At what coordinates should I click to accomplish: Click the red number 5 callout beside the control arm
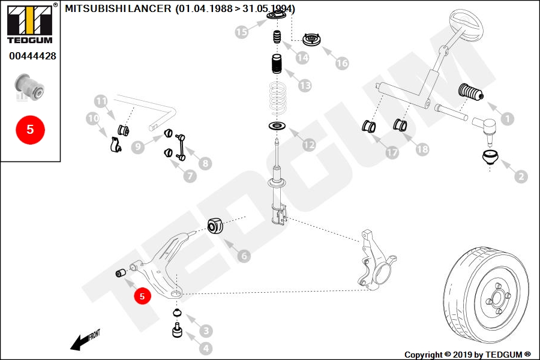coord(142,296)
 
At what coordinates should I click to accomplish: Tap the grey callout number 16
coord(342,63)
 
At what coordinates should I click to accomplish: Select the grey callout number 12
coord(309,145)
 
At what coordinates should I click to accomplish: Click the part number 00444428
coord(32,56)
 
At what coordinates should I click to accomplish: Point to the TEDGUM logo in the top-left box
coord(30,23)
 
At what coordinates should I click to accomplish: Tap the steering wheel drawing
coord(467,25)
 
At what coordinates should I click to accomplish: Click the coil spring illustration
coord(277,98)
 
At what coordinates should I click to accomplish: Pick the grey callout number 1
coord(507,119)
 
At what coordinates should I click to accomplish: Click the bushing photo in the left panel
coord(29,87)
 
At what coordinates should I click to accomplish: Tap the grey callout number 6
coord(244,256)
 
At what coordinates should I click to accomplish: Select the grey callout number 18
coord(422,149)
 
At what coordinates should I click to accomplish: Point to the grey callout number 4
coord(206,348)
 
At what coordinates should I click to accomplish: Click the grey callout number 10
coord(93,119)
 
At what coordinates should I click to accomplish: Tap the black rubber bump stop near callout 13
coord(277,64)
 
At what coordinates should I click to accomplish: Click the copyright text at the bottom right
coord(467,355)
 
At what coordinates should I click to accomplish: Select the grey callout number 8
coord(205,163)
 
